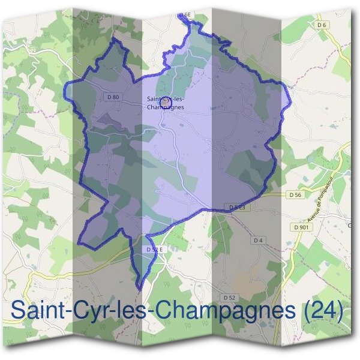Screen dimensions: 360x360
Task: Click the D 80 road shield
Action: tap(113, 97)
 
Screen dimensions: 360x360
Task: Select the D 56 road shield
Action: tap(294, 195)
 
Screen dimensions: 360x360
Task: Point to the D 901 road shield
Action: tap(301, 227)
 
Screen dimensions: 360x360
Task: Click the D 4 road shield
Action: tap(259, 240)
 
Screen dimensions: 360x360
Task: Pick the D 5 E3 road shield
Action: tap(238, 206)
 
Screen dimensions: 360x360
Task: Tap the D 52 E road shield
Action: tap(155, 249)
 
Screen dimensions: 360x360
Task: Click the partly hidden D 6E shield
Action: tap(185, 14)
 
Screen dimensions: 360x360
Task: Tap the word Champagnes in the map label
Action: tap(165, 107)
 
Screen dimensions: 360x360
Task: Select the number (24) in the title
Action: tap(323, 311)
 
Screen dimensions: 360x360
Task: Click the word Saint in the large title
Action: tap(36, 311)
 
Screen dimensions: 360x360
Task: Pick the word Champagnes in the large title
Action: tap(226, 312)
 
